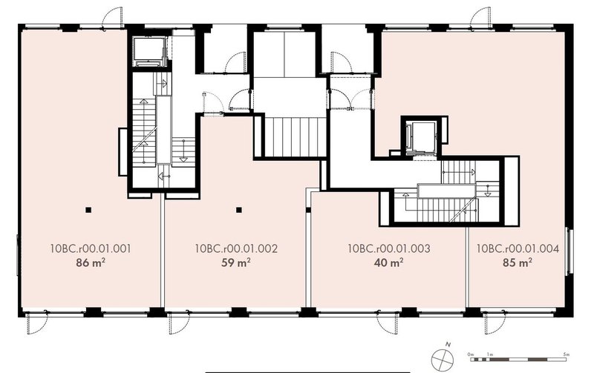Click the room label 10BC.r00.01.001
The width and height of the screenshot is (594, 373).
pos(91,248)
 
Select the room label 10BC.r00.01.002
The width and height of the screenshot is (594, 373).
pos(236,248)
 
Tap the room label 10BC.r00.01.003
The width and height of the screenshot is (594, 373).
pos(389,248)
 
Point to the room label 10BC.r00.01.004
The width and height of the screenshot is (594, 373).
pos(518,248)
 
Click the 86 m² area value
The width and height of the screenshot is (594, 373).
pos(91,263)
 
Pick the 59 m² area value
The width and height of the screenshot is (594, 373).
pos(236,263)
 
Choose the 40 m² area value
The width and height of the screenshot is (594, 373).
pos(388,263)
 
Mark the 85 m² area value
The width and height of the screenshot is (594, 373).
pos(518,263)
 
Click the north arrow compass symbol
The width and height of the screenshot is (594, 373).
pos(442,357)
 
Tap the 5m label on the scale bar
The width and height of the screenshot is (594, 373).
pos(567,354)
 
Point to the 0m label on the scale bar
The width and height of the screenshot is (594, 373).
pos(471,354)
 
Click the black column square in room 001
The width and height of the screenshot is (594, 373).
pos(88,210)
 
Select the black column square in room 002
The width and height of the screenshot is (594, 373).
pos(238,210)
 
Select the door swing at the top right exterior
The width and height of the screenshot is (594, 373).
pos(480,16)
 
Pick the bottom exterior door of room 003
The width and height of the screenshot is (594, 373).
pos(387,322)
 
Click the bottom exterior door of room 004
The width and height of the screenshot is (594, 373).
pos(495,322)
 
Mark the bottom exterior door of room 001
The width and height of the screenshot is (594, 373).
pos(37,322)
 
